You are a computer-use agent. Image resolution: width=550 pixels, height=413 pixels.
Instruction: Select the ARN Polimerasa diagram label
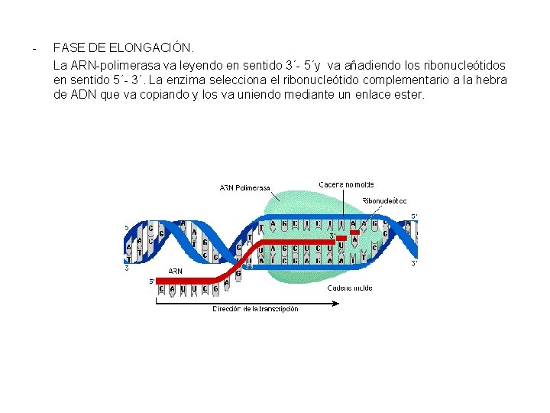244,188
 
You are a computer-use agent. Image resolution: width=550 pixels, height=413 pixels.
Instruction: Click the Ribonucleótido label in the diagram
384,200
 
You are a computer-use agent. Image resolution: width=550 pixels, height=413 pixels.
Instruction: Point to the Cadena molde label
350,288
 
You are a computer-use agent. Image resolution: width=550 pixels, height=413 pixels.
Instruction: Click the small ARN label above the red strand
176,271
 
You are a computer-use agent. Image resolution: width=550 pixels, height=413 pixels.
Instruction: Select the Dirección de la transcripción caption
255,309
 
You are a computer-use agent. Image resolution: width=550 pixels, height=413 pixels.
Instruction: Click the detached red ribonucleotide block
354,233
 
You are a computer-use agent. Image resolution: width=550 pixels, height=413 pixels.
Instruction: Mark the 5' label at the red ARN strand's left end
152,281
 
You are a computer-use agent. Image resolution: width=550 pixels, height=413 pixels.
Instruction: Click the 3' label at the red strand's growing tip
332,236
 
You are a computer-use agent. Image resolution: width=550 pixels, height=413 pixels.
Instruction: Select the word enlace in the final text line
356,95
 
